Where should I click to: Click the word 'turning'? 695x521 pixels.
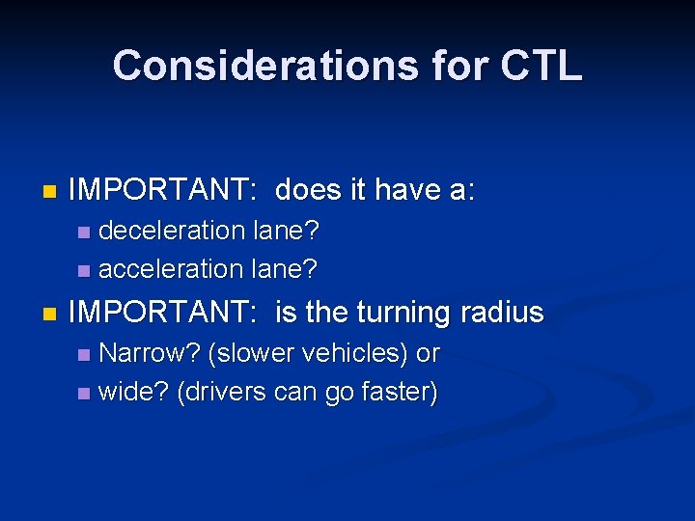[x=403, y=313]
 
